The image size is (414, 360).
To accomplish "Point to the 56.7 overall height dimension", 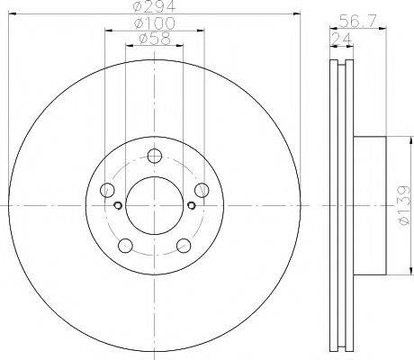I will (358, 21).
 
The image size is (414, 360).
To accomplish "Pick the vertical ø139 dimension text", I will (403, 204).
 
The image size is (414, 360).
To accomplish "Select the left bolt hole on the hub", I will (107, 189).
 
